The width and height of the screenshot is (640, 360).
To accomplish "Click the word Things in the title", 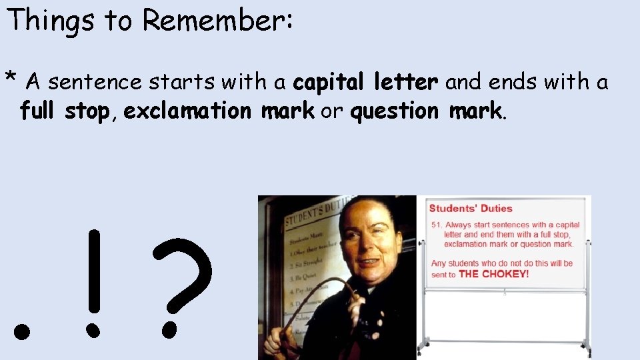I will point(51,20).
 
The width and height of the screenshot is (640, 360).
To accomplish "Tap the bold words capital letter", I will point(365,83).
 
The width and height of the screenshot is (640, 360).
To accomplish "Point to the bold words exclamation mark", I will point(219,111).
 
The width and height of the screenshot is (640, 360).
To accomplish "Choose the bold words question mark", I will point(425,111).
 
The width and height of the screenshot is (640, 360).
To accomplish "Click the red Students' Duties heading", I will point(471,209).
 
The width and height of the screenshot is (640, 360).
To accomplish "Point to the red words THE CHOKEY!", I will point(494,274).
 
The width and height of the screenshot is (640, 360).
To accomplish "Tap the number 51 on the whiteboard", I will point(437,225).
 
